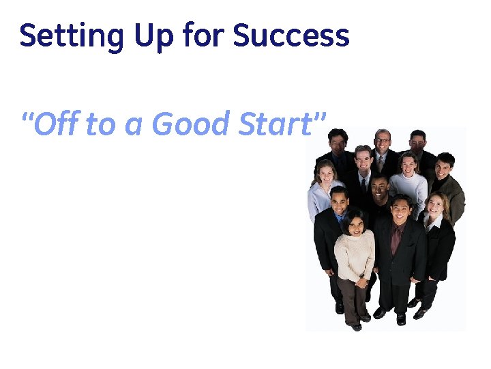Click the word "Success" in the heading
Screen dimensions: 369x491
pyautogui.click(x=291, y=36)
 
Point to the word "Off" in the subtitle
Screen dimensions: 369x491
pyautogui.click(x=55, y=124)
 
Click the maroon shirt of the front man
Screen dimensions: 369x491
pyautogui.click(x=396, y=238)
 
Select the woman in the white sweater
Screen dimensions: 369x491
pyautogui.click(x=408, y=181)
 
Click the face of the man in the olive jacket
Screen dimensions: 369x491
pyautogui.click(x=444, y=166)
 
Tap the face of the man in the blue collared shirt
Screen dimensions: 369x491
pyautogui.click(x=339, y=200)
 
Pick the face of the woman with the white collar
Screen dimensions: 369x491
pyautogui.click(x=435, y=204)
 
